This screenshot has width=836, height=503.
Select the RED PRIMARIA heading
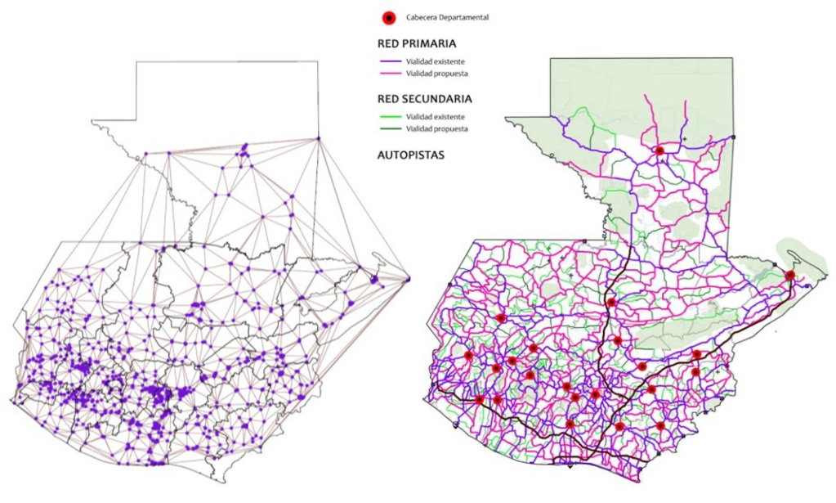(417, 44)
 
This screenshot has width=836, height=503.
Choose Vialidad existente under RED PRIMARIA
(436, 61)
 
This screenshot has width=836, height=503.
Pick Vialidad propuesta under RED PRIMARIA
(437, 74)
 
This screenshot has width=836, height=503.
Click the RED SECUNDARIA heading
(424, 99)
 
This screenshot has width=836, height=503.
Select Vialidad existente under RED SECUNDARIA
(436, 116)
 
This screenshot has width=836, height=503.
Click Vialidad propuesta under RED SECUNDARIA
(437, 129)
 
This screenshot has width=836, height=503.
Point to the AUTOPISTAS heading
(410, 154)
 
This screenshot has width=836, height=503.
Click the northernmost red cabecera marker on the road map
(659, 150)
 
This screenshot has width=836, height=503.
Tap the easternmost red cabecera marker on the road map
(789, 276)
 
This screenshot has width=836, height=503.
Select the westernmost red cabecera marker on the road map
(468, 356)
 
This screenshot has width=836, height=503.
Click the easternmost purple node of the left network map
(408, 280)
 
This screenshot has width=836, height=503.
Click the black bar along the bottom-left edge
(204, 495)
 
